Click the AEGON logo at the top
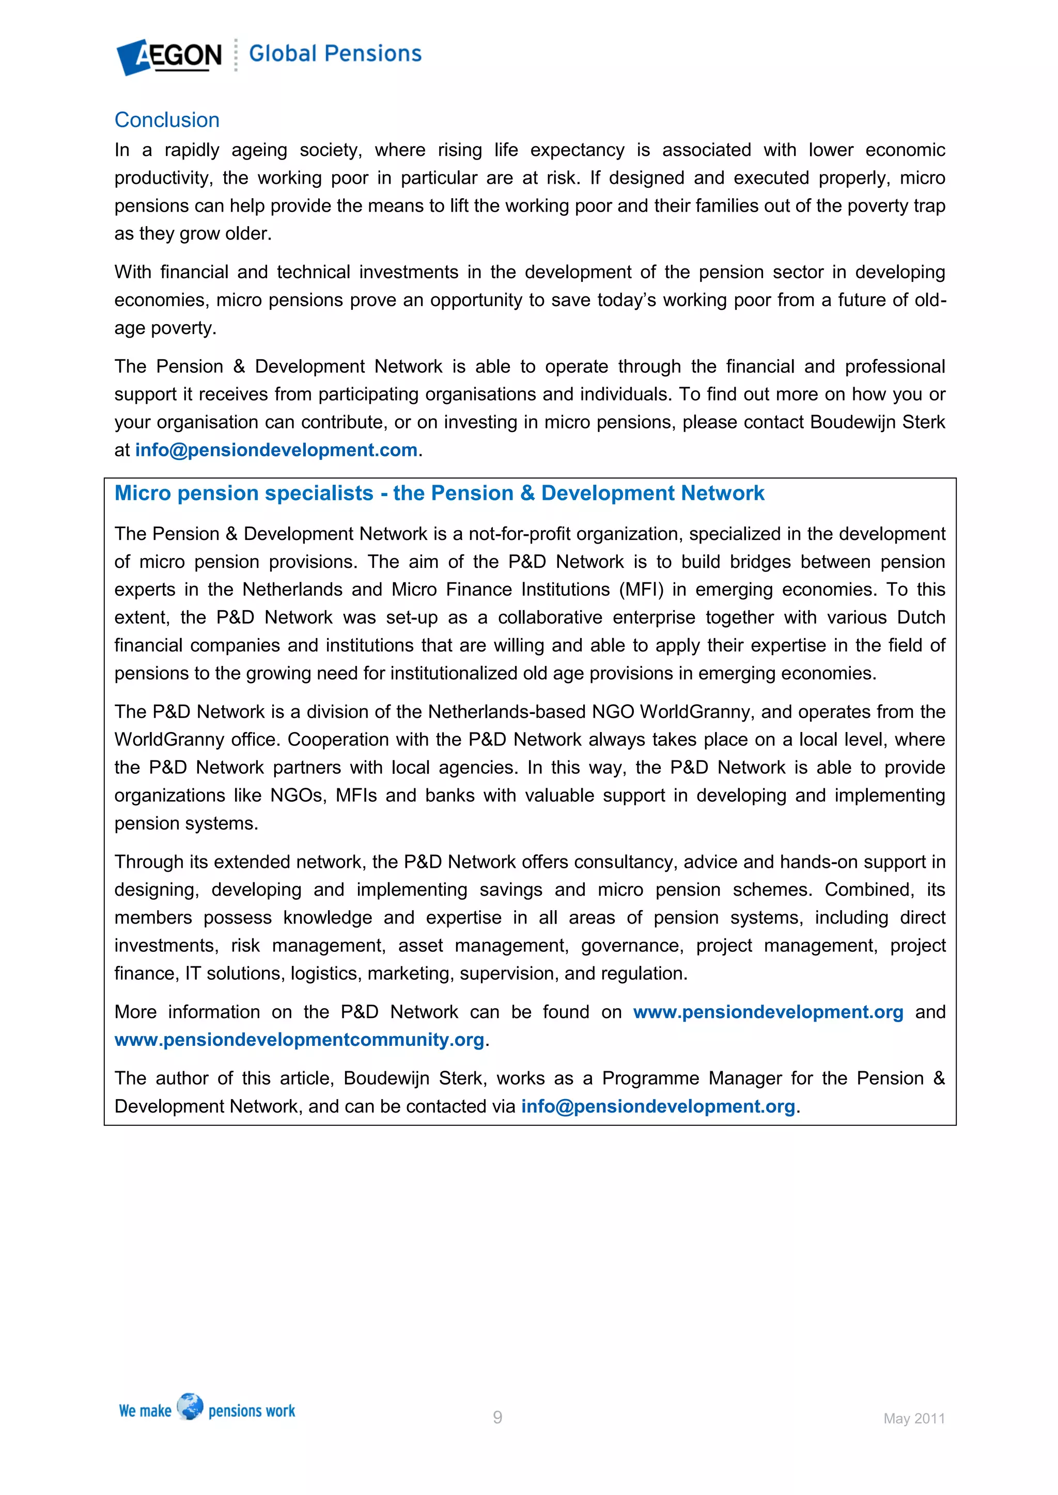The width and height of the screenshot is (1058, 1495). [x=169, y=56]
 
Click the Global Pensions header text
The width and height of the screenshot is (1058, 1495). [x=335, y=53]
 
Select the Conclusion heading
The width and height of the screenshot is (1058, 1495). [x=167, y=120]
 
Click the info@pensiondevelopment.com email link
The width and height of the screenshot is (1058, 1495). [x=276, y=450]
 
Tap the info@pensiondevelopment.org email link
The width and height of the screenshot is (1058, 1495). [x=658, y=1106]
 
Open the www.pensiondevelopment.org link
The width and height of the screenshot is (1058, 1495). [x=768, y=1012]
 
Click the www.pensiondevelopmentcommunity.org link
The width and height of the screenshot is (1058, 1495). [x=300, y=1040]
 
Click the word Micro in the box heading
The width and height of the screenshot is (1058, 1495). [x=143, y=493]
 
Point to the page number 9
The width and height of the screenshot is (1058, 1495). [x=497, y=1417]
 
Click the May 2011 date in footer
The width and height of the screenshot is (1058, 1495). [x=913, y=1418]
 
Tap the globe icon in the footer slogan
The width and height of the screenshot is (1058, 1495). [x=190, y=1406]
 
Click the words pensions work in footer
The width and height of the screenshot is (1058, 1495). [x=252, y=1411]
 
